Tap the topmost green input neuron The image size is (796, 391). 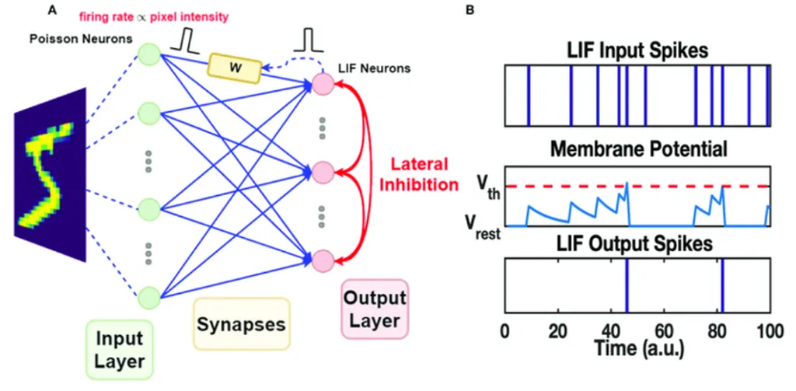(148, 54)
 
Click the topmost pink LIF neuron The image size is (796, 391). (322, 84)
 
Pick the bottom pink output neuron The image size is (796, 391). (322, 258)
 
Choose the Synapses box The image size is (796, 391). (240, 323)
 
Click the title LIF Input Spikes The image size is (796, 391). (637, 51)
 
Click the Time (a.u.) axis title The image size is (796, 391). (639, 347)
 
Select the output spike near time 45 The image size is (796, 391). (627, 285)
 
